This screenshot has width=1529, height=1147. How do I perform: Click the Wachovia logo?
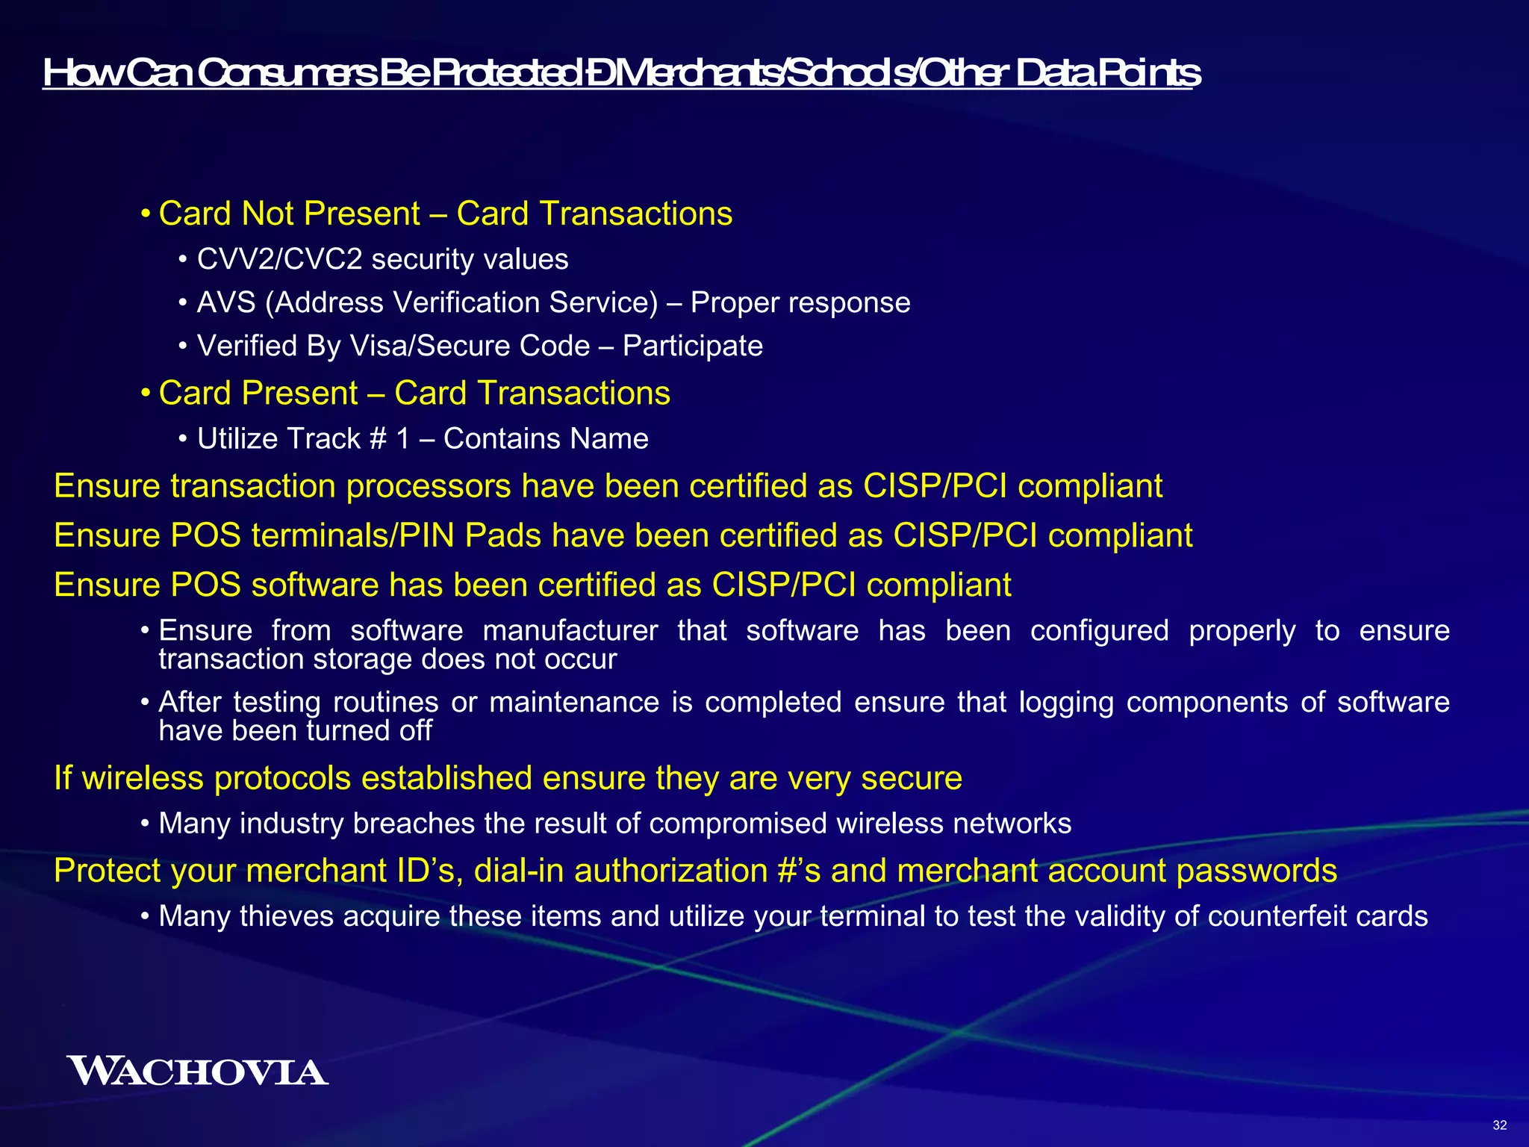click(x=197, y=1071)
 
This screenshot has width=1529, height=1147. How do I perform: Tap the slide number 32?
click(x=1499, y=1125)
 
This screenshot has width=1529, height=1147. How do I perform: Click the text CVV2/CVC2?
click(x=279, y=259)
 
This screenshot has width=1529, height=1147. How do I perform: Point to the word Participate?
click(x=692, y=346)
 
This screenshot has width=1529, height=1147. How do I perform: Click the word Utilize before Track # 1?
click(x=237, y=438)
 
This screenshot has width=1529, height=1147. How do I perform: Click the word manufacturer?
click(x=570, y=630)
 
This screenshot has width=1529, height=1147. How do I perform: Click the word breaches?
click(x=414, y=823)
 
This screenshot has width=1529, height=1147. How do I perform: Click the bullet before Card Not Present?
click(x=146, y=215)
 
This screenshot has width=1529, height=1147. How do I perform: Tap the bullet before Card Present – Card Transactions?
click(x=146, y=394)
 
